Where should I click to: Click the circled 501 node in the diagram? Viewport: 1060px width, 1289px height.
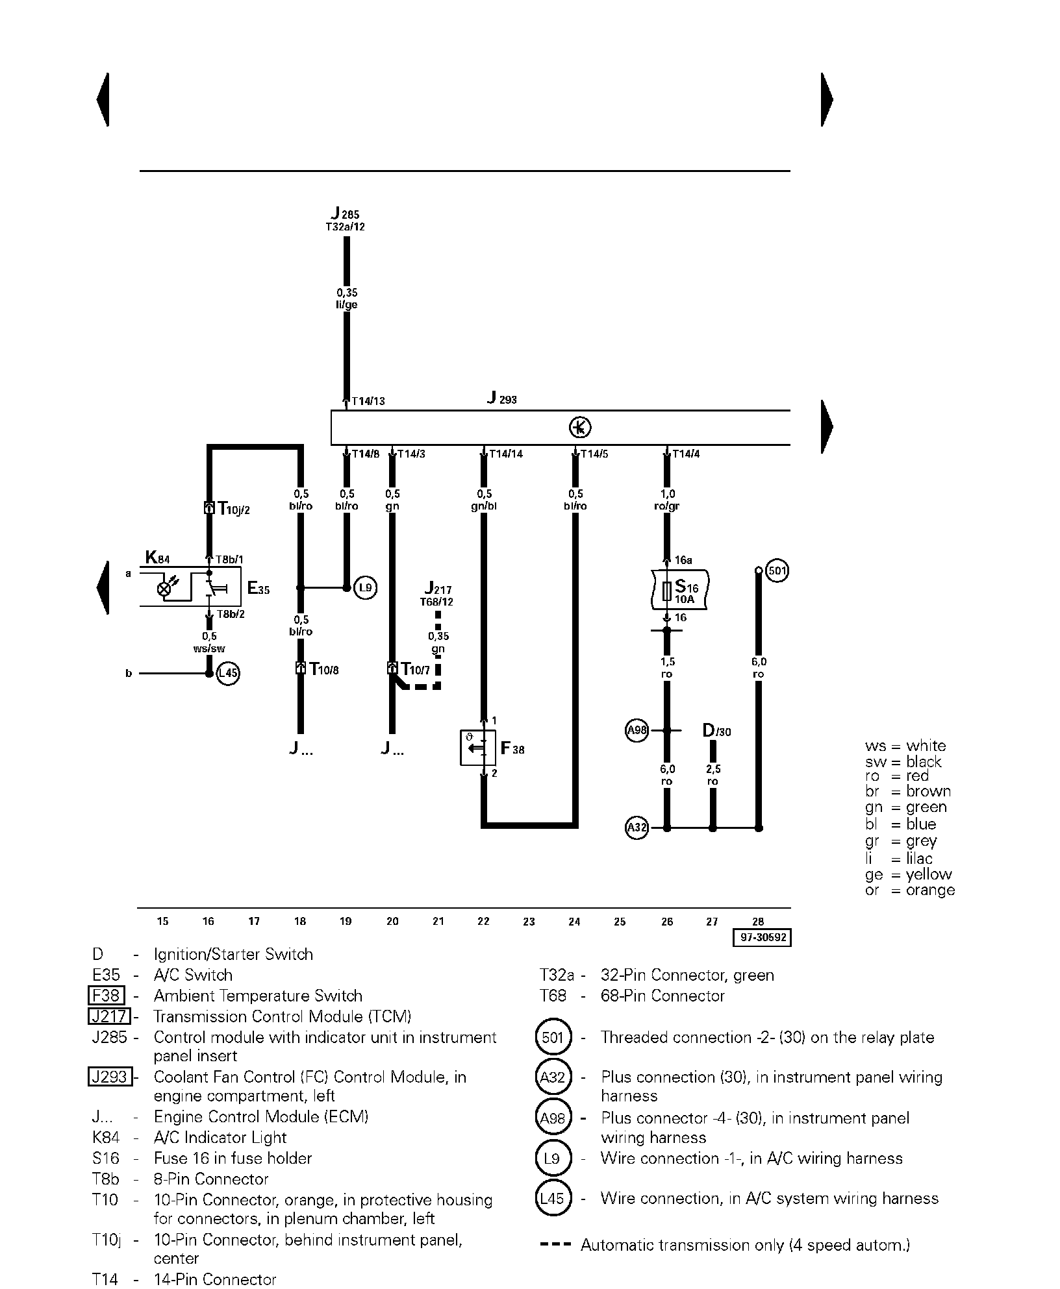tap(777, 571)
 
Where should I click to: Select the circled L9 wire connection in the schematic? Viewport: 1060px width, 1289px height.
tap(366, 588)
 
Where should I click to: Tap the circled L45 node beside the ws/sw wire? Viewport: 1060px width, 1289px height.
tap(228, 673)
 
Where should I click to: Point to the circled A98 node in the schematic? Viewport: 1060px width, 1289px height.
tap(637, 731)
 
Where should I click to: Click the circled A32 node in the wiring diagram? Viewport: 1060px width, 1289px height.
tap(637, 828)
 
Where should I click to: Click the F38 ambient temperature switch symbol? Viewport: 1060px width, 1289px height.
tap(478, 748)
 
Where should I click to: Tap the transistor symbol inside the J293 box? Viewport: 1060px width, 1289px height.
tap(580, 427)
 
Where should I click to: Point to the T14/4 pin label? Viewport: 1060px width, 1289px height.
tap(686, 454)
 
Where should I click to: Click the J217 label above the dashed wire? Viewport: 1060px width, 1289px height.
tap(438, 588)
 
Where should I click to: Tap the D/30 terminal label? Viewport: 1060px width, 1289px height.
tap(717, 731)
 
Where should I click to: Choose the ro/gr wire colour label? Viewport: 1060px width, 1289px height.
tap(667, 506)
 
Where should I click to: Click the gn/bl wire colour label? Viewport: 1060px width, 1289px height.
tap(484, 506)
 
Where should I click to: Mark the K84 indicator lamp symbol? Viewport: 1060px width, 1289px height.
tap(165, 589)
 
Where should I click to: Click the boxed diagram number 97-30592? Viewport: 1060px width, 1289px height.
tap(763, 938)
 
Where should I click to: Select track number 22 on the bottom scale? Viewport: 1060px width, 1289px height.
tap(483, 921)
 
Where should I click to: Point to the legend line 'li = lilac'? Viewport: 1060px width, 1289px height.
tap(899, 858)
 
